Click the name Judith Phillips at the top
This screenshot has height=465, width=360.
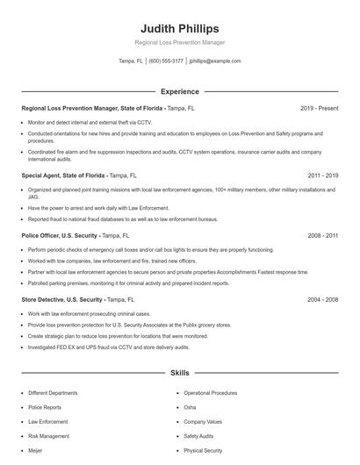[x=179, y=28]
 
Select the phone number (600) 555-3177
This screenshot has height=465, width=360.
[x=166, y=61]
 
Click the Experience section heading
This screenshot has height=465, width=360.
[x=179, y=91]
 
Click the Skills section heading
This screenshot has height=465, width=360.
[x=179, y=373]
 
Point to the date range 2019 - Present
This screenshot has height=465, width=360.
[x=319, y=108]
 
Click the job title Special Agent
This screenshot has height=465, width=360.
[x=45, y=175]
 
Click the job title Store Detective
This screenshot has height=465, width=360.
[x=47, y=299]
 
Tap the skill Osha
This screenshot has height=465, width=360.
[x=190, y=407]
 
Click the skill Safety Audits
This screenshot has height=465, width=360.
[x=198, y=435]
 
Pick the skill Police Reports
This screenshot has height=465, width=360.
[x=44, y=407]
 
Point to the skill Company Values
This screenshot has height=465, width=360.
[x=203, y=421]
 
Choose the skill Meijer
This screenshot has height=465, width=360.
[x=36, y=449]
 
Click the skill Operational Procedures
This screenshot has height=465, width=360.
[x=211, y=393]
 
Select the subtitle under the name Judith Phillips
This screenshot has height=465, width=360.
[x=179, y=42]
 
